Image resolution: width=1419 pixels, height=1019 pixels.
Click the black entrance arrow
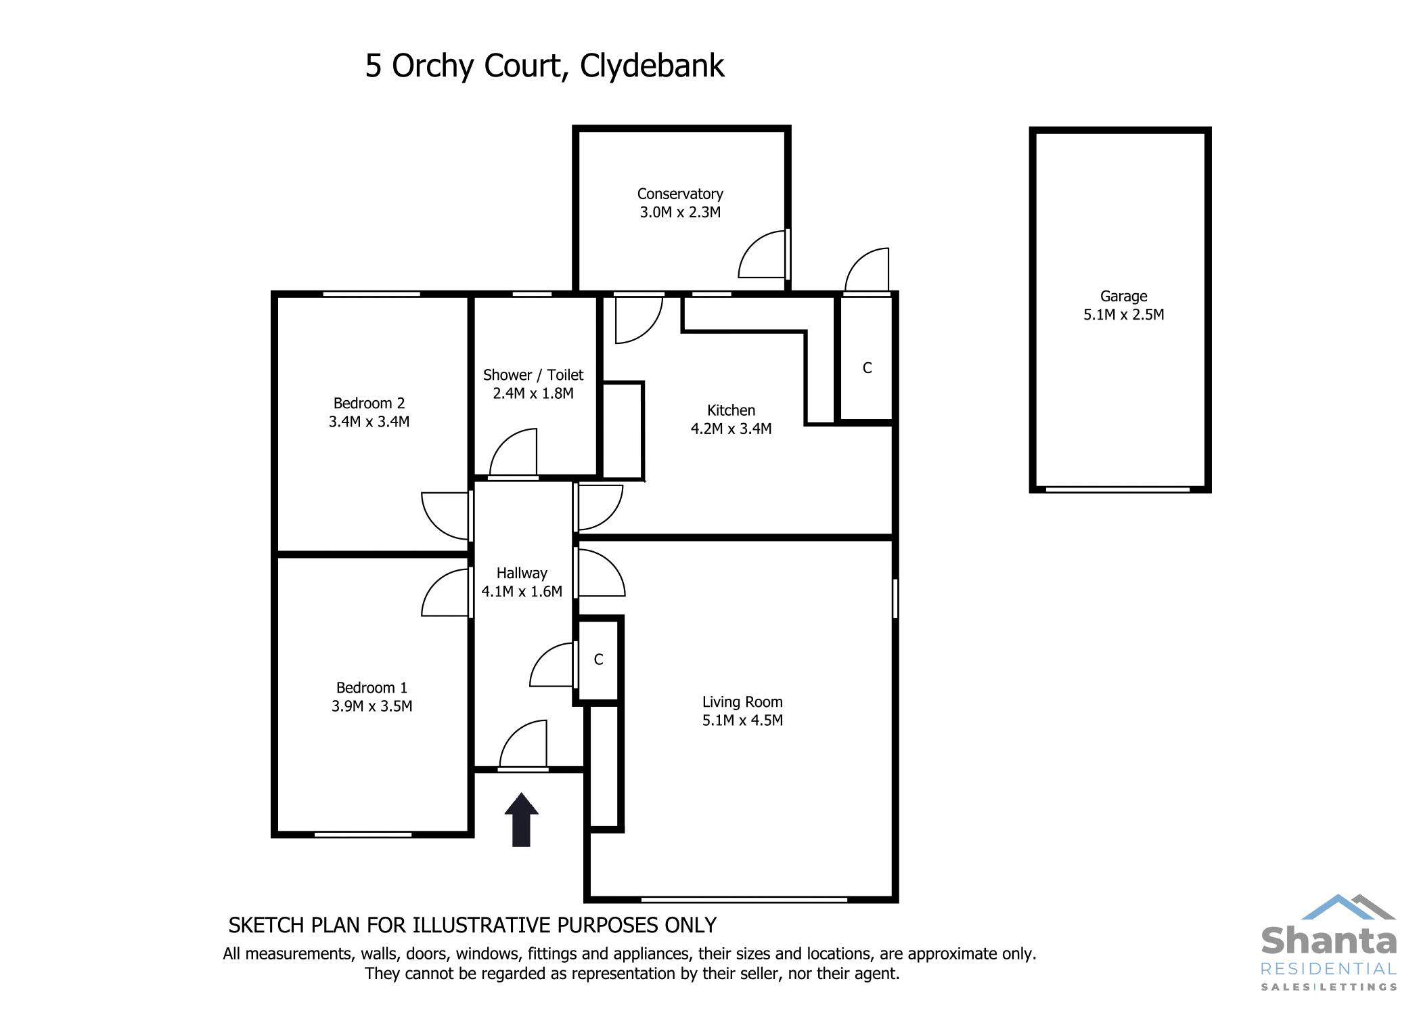click(x=521, y=820)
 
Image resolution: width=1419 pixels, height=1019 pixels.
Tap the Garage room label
click(x=1123, y=297)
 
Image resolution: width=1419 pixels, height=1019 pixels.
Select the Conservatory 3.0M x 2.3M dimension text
click(x=680, y=213)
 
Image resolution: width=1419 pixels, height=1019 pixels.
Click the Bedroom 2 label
click(x=369, y=404)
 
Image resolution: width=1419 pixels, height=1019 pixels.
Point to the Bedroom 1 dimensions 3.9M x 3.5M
click(x=371, y=706)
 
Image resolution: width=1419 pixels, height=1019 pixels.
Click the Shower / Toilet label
click(x=533, y=375)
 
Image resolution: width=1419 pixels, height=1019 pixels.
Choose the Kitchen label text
click(x=731, y=410)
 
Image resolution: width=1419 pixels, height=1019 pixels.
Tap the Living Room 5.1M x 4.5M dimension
click(x=742, y=720)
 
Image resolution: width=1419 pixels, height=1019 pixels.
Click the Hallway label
click(x=522, y=573)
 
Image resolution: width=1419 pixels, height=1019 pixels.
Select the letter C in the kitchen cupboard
click(x=867, y=368)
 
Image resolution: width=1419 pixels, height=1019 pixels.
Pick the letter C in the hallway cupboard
click(x=598, y=659)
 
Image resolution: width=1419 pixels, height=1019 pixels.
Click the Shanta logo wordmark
click(x=1328, y=942)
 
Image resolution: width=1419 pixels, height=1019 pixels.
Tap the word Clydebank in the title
click(x=652, y=66)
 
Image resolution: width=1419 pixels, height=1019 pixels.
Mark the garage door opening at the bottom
click(x=1117, y=490)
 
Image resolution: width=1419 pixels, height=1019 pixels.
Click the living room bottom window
click(x=744, y=900)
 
